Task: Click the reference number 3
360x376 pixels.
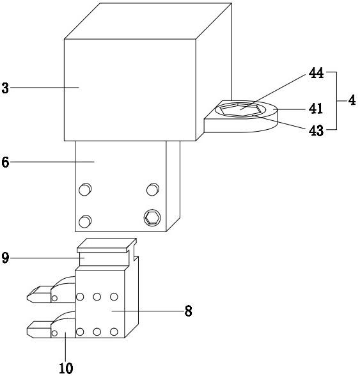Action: (5, 88)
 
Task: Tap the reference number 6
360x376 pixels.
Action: (5, 162)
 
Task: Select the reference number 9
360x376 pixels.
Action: (5, 258)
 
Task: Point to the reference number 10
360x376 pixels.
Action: (66, 368)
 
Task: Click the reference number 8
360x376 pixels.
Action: (188, 311)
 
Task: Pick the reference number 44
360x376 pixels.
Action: (316, 73)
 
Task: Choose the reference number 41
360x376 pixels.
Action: (316, 109)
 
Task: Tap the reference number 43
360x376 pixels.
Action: (316, 131)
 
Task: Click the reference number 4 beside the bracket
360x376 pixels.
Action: (352, 100)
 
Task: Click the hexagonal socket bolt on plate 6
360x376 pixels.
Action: (152, 217)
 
